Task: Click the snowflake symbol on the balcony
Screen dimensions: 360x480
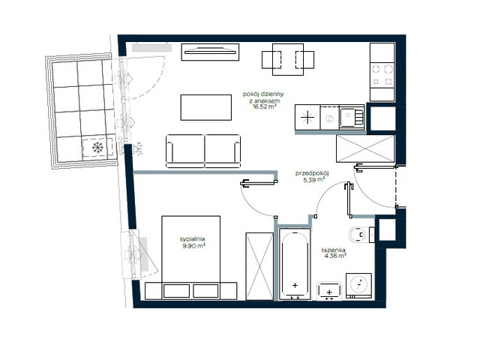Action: pyautogui.click(x=97, y=148)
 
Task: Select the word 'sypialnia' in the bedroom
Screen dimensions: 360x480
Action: pyautogui.click(x=192, y=238)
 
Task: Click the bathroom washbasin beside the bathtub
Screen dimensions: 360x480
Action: pyautogui.click(x=329, y=289)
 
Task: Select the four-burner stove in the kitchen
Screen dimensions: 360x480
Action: pyautogui.click(x=382, y=73)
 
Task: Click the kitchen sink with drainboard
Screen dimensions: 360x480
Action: pyautogui.click(x=350, y=116)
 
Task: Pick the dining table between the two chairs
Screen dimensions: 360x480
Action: pyautogui.click(x=283, y=58)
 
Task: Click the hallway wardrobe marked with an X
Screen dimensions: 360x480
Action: pyautogui.click(x=365, y=148)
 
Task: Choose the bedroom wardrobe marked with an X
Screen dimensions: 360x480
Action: pyautogui.click(x=259, y=265)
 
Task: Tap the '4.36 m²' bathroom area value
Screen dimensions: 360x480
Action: pyautogui.click(x=334, y=256)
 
